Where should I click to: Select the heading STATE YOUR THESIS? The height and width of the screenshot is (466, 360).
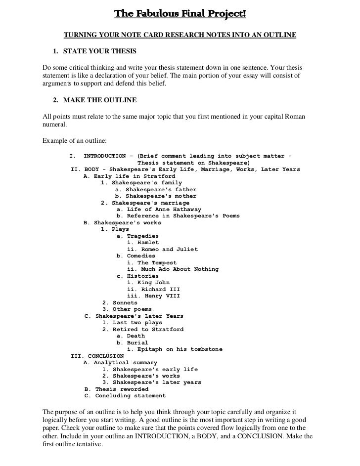(x=100, y=51)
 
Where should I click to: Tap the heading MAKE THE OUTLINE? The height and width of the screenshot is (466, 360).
(x=100, y=101)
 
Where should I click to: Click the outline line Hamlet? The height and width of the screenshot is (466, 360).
(x=143, y=243)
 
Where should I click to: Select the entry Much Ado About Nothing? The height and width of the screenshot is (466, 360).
(x=173, y=269)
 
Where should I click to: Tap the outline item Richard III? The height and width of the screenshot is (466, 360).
(x=150, y=289)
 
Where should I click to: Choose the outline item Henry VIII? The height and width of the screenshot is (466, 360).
(x=153, y=296)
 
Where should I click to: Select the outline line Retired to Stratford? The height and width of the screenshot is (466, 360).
(x=143, y=329)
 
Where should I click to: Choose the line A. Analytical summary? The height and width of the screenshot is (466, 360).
(x=120, y=363)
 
